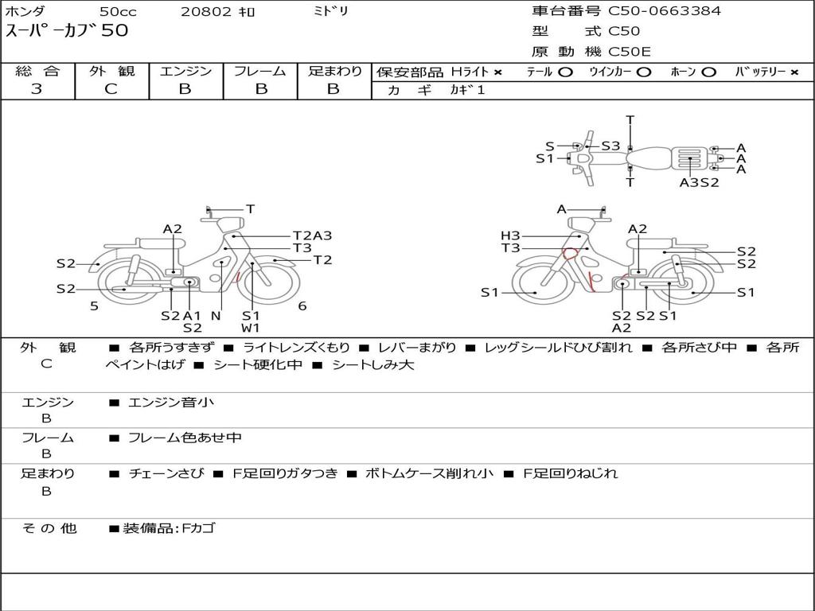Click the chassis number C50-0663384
point(665,11)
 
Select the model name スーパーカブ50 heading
point(67,31)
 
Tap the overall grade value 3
point(37,89)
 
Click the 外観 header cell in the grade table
point(111,71)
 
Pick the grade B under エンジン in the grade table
point(185,89)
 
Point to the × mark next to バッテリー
point(794,72)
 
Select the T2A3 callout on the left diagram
point(312,235)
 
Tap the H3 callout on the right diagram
point(510,235)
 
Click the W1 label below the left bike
point(251,328)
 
